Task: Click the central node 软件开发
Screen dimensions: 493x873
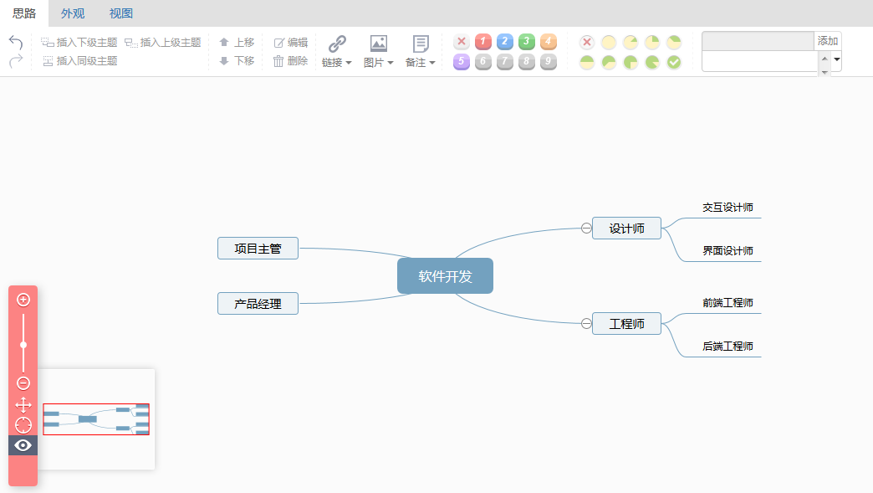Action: coord(445,276)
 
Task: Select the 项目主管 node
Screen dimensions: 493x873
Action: coord(258,249)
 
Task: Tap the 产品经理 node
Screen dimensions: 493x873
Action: coord(258,304)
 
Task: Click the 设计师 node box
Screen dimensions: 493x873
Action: coord(626,229)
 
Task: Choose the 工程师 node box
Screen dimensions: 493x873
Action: coord(626,324)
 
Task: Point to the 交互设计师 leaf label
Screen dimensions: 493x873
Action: coord(727,208)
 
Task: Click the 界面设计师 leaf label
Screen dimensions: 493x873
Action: coord(727,251)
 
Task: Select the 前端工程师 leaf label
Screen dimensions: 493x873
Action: coord(727,303)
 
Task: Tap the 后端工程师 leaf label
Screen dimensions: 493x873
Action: coord(727,347)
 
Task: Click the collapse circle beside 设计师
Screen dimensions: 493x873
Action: coord(586,229)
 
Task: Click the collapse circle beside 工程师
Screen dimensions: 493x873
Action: coord(586,324)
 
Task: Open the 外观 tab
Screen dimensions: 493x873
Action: coord(73,13)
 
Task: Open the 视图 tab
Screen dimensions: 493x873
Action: coord(121,13)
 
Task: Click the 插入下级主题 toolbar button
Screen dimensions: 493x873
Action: coord(79,42)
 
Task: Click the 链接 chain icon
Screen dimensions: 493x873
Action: coord(337,44)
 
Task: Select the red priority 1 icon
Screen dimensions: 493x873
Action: coord(483,42)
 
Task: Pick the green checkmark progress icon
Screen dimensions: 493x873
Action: coord(674,62)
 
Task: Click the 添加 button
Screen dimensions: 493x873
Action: coord(828,41)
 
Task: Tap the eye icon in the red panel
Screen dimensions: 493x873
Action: coord(23,445)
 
